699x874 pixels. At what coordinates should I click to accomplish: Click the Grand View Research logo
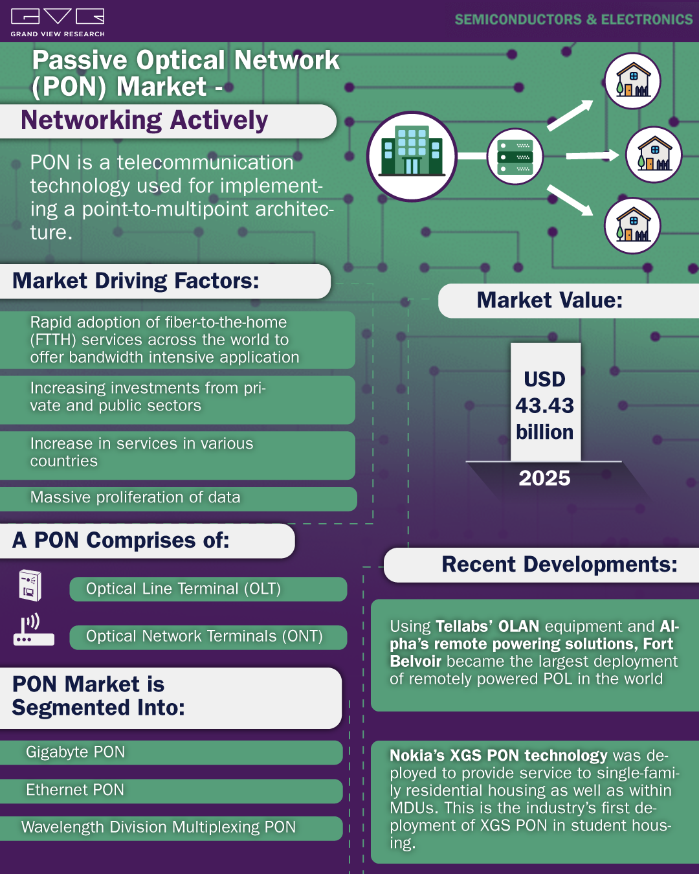coord(58,23)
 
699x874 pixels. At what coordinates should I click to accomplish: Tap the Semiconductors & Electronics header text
coord(573,19)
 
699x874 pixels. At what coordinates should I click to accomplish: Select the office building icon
coord(412,157)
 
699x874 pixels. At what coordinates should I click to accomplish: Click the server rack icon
coord(515,157)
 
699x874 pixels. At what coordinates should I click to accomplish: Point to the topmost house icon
coord(632,81)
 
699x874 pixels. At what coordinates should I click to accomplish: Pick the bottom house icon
coord(632,226)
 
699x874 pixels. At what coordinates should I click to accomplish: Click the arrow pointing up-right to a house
coord(570,115)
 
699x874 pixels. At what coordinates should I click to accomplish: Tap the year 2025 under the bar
coord(544,478)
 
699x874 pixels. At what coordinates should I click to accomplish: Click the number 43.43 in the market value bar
coord(545,406)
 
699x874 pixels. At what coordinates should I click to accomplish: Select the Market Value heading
coord(549,300)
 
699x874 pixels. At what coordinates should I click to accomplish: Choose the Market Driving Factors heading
coord(136,280)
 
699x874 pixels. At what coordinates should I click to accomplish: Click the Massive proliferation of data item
coord(135,497)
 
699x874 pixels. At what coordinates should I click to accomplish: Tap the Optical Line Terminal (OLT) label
coord(184,589)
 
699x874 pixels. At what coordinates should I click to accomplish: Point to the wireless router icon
coord(34,629)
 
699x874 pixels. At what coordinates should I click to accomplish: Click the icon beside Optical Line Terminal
coord(30,586)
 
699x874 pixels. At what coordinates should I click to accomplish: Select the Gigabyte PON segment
coord(75,752)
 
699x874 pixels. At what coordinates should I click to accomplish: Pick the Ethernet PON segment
coord(75,790)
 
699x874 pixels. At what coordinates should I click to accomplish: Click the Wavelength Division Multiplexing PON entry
coord(159,827)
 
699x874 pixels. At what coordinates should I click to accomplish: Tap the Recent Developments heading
coord(560,565)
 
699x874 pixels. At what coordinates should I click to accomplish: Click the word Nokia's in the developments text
coord(417,756)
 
